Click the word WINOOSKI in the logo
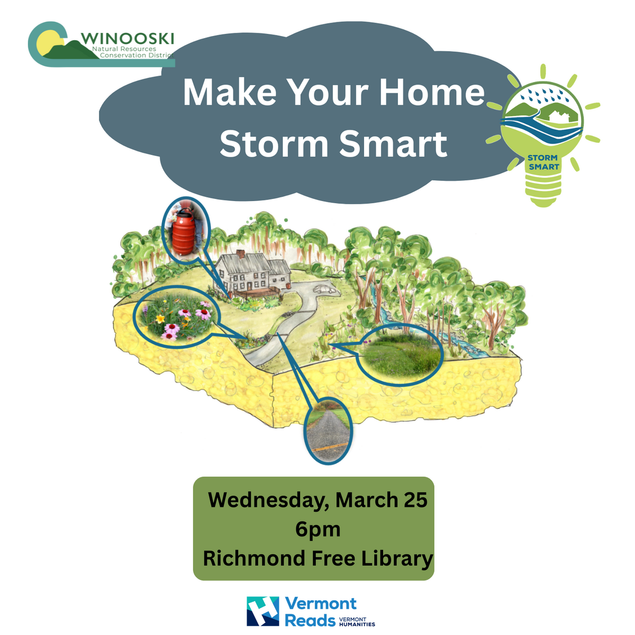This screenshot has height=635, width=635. point(127,39)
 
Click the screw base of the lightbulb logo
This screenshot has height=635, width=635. point(543,190)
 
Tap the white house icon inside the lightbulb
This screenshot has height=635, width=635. point(557,116)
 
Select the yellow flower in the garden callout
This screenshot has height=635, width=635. point(160,319)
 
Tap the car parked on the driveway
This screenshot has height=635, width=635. point(325,289)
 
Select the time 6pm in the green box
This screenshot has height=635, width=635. point(317,530)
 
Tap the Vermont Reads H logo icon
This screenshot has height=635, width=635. point(262,611)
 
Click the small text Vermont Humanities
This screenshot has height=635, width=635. point(357,621)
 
